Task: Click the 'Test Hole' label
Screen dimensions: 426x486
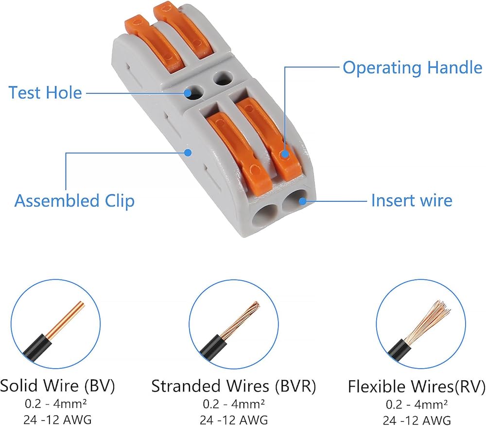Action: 45,92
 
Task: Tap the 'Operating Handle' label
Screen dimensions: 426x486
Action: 412,68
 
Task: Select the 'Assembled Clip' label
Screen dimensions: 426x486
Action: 74,201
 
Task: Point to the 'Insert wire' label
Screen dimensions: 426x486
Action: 412,200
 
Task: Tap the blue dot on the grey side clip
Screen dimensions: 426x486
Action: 189,152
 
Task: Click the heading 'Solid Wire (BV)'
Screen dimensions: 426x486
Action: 57,386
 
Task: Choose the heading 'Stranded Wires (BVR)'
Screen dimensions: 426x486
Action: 234,387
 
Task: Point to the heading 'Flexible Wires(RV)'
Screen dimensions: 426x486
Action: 417,387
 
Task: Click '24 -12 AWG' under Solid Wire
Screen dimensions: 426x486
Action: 57,419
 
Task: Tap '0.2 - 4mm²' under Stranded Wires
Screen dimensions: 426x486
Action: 234,403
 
